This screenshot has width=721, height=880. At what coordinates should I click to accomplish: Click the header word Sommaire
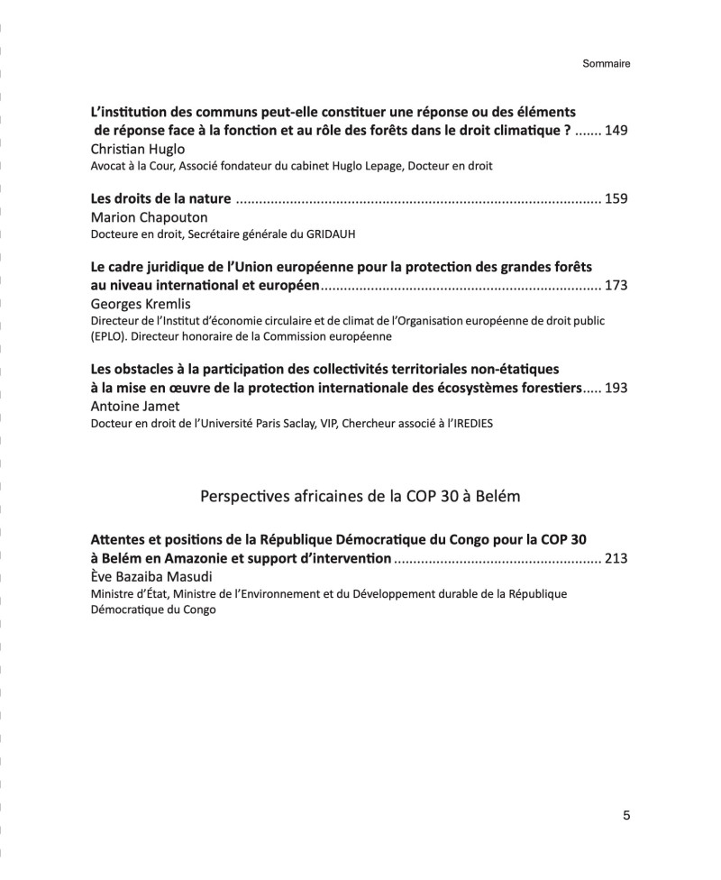click(x=606, y=64)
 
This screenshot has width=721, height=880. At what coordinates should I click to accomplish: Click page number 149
click(x=616, y=131)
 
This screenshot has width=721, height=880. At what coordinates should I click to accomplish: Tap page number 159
click(x=616, y=199)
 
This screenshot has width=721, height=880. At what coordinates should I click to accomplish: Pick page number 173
click(x=616, y=286)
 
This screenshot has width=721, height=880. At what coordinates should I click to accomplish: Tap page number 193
click(x=616, y=388)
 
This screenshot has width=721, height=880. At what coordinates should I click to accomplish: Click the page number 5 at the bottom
click(x=625, y=816)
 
